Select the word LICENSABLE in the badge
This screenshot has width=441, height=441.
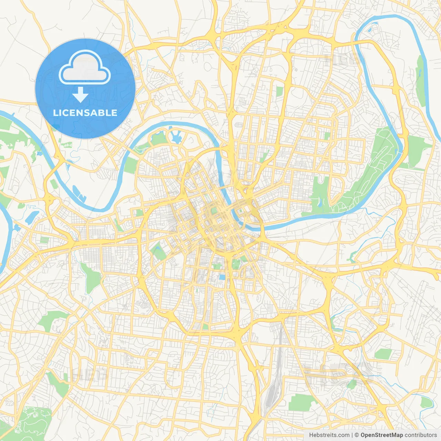pos(85,113)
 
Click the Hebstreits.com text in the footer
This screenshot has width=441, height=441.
pos(329,435)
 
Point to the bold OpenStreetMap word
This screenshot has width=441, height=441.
pos(382,435)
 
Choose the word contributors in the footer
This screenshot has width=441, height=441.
pos(421,435)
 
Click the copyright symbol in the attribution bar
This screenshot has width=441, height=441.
pos(357,435)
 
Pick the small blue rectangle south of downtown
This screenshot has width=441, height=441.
pos(222,277)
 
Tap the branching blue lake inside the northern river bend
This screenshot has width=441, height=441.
pos(176,137)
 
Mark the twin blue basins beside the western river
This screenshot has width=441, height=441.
pos(79,193)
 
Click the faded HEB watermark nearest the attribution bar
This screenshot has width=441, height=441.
pos(338,374)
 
